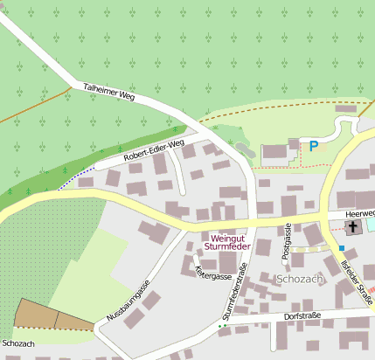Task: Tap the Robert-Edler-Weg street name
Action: click(154, 150)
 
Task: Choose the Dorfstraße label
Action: click(302, 315)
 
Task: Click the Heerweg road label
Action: click(359, 212)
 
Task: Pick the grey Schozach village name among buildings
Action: click(300, 279)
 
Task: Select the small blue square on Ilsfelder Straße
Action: click(342, 248)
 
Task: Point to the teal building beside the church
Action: click(371, 225)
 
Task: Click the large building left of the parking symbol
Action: click(274, 151)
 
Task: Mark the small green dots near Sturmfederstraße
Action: click(222, 327)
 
